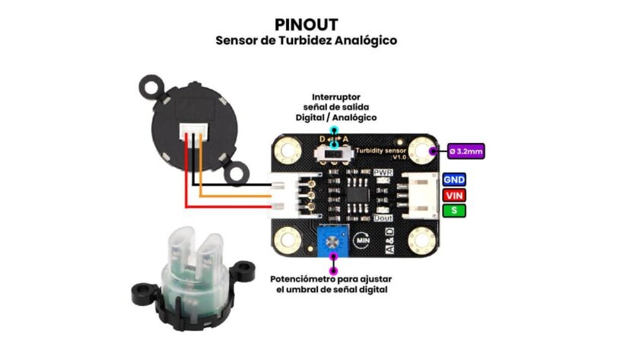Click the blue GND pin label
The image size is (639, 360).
(454, 180)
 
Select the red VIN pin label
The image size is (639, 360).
(454, 195)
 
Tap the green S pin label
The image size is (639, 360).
(454, 209)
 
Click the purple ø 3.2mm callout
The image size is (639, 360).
(466, 151)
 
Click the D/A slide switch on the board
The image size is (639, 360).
(333, 154)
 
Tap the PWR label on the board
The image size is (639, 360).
(383, 174)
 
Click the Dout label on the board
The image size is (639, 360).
(383, 217)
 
